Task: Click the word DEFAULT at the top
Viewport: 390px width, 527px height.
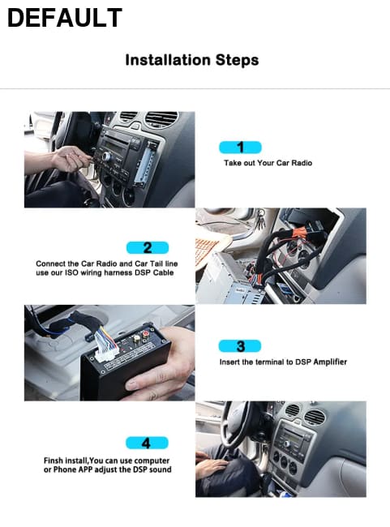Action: pos(65,18)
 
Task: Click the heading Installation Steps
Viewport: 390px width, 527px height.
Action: pos(192,60)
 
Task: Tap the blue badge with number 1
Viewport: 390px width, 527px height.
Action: pos(240,148)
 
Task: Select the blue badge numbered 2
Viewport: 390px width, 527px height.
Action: pos(148,248)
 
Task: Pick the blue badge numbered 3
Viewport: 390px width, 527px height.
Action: pos(240,346)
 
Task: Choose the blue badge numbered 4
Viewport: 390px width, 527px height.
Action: pos(147,443)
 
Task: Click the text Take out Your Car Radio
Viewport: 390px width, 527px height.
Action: pos(268,163)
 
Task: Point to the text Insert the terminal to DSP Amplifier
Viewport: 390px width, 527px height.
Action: pos(283,362)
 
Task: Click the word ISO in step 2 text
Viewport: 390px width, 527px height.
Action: pos(71,272)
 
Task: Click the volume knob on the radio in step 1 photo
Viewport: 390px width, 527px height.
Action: pos(107,156)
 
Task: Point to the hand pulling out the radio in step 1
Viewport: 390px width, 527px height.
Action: pos(71,159)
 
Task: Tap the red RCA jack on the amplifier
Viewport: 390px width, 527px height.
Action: pos(146,334)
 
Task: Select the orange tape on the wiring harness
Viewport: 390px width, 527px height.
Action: pos(298,233)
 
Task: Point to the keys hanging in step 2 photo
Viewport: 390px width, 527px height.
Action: pos(260,218)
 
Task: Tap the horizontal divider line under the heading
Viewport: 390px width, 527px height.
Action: pos(195,88)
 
